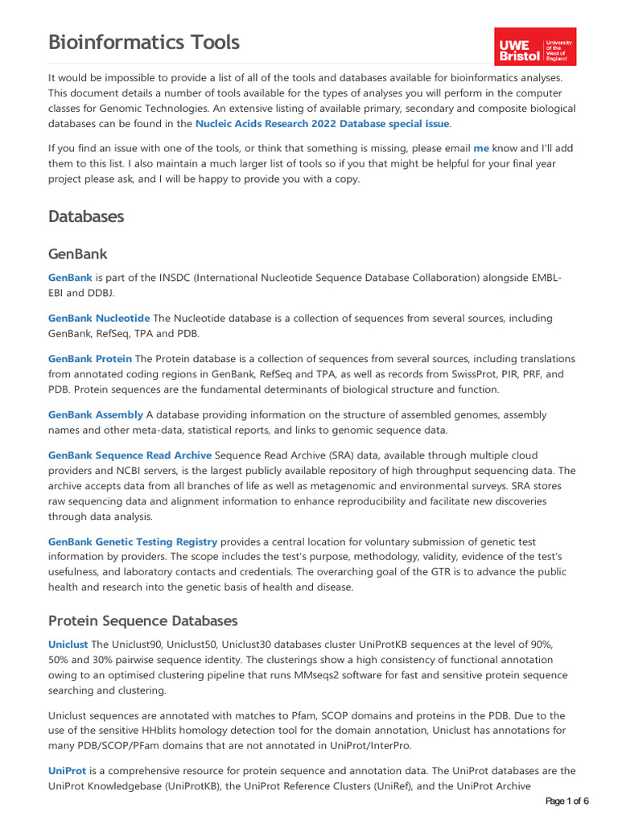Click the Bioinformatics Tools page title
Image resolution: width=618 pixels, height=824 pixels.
[x=144, y=42]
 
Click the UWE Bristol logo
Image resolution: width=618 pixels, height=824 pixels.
[x=535, y=47]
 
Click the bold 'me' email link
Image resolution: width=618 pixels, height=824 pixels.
[x=481, y=148]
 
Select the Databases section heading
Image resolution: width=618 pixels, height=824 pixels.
[x=86, y=216]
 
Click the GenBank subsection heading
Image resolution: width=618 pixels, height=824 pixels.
[x=77, y=254]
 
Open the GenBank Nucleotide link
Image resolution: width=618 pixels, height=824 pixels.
[x=99, y=318]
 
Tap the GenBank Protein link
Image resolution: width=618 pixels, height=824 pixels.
[x=90, y=358]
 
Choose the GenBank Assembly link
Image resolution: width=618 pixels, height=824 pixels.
[x=96, y=414]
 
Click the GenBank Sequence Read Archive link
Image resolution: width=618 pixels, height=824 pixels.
[x=130, y=455]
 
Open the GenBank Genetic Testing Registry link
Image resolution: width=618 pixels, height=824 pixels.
[x=133, y=542]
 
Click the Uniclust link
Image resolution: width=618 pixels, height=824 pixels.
[x=68, y=645]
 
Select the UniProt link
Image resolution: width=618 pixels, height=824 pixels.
[x=67, y=771]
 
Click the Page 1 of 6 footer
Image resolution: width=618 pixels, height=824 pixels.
[x=567, y=801]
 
